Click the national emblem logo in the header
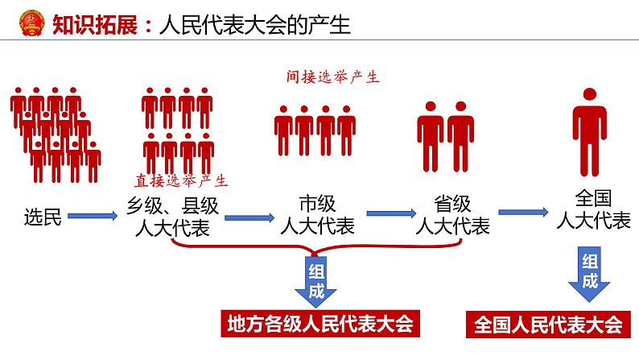tap(31, 23)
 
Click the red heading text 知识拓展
tap(95, 25)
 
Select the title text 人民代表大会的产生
tap(255, 25)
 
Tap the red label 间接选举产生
tap(332, 77)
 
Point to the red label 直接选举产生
tap(181, 180)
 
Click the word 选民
tap(43, 217)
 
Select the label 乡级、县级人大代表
tap(172, 217)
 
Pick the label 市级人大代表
tap(317, 214)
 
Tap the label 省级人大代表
tap(452, 214)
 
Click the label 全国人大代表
tap(593, 209)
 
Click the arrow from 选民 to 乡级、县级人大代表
tap(93, 216)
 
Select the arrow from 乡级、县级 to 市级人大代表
tap(249, 217)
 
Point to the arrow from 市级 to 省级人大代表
tap(391, 213)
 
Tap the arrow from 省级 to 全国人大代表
tap(523, 212)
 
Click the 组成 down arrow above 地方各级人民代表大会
tap(315, 280)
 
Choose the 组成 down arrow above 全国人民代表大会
tap(589, 273)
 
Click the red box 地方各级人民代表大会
tap(320, 324)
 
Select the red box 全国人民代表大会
tap(549, 325)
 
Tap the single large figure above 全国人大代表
tap(589, 132)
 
